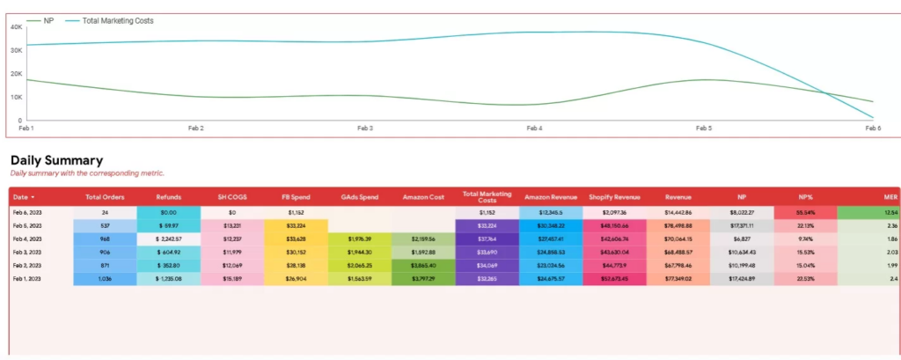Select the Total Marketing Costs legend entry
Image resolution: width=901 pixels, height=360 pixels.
(117, 20)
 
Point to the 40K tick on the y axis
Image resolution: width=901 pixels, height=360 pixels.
(16, 27)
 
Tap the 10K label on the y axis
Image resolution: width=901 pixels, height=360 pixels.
(16, 97)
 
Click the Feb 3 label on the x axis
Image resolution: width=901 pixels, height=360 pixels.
(364, 128)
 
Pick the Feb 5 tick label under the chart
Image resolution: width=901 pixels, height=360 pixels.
(704, 128)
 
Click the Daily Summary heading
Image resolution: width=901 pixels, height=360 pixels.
(56, 160)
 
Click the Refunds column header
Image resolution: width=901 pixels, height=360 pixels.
(168, 197)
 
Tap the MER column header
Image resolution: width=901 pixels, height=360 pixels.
(889, 197)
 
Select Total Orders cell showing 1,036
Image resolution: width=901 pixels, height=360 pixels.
(105, 279)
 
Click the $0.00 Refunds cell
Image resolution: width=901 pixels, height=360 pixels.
(168, 213)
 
